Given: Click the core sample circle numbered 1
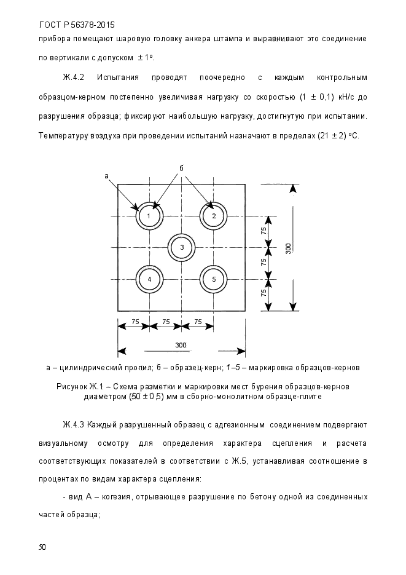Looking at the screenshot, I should [x=149, y=216].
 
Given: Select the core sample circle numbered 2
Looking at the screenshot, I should [x=214, y=216].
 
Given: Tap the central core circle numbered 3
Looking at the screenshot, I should [x=182, y=247].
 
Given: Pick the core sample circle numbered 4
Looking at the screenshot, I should [x=149, y=279].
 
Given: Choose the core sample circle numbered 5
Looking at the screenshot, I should [x=214, y=279].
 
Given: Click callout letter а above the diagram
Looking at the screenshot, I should [x=106, y=175].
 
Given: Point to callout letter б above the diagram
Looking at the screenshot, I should [x=182, y=167].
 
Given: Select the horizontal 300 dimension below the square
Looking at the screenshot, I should [x=181, y=345].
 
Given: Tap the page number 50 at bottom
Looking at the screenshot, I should [x=42, y=546].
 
